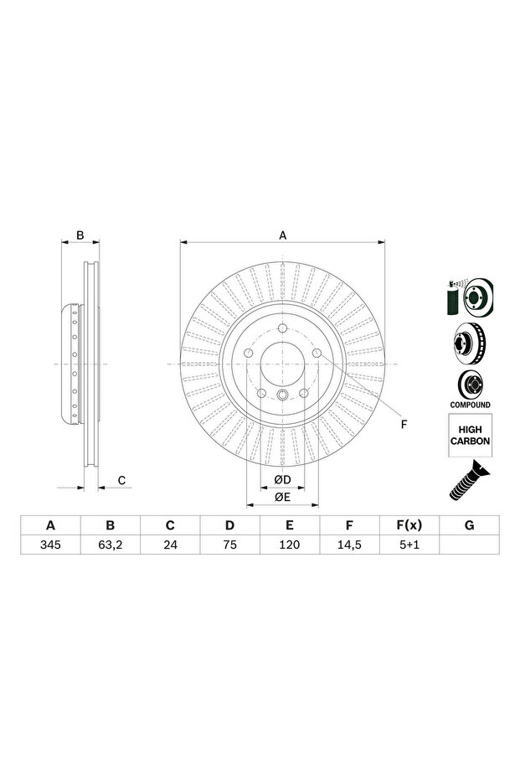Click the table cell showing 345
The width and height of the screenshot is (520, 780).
(x=51, y=545)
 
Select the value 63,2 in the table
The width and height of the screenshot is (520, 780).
(x=111, y=545)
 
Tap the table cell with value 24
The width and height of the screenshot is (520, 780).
(x=170, y=545)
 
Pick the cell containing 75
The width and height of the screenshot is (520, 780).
(x=229, y=545)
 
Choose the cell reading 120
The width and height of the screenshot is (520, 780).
(x=290, y=545)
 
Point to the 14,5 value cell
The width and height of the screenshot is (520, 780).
(x=349, y=545)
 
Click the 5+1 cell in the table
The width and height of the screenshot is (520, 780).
(x=409, y=545)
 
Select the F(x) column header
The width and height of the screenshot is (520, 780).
(x=409, y=525)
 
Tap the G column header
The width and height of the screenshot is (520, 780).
(x=469, y=525)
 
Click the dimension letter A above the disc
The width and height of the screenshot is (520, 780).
(x=283, y=235)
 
